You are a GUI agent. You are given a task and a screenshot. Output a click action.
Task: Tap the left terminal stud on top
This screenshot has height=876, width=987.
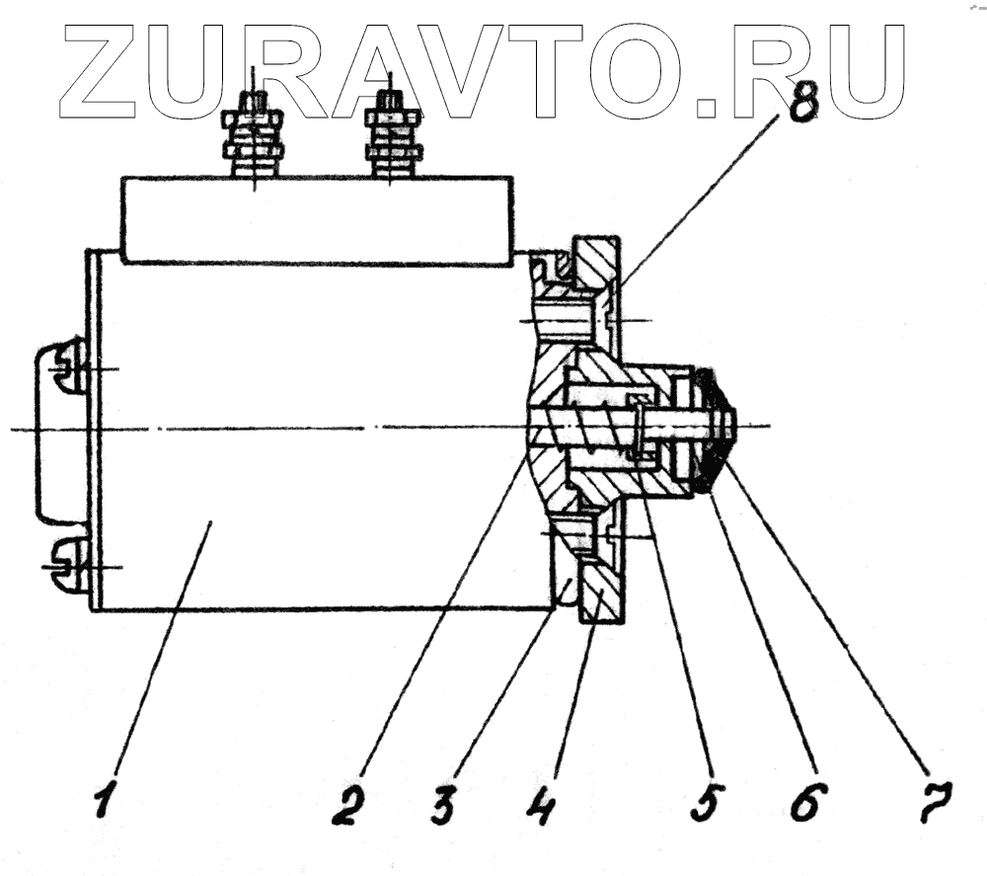254,133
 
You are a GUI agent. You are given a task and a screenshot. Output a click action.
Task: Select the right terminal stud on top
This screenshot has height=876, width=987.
392,133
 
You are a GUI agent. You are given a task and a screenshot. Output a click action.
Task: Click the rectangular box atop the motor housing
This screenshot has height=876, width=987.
316,219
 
